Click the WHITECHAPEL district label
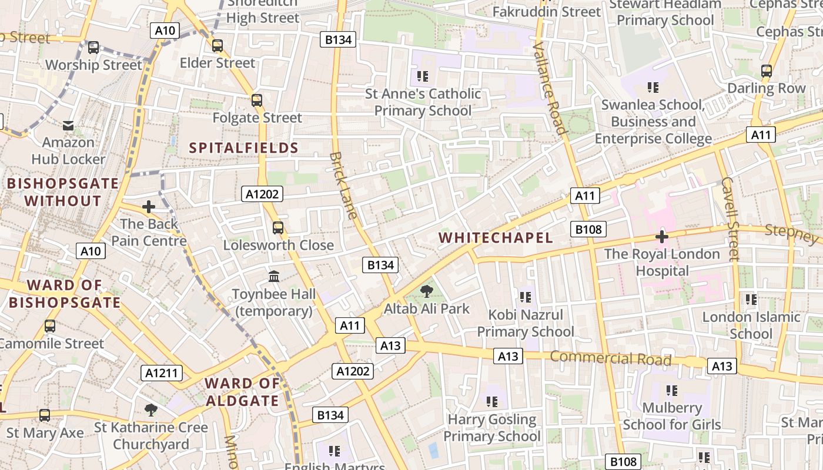tap(496, 237)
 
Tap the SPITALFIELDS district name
tap(243, 147)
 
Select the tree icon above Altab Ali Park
tap(427, 290)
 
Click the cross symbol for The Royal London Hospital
tap(662, 237)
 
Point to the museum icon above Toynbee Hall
tap(274, 276)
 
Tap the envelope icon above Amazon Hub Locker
tap(68, 125)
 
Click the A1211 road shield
tap(162, 373)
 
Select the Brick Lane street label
tap(344, 185)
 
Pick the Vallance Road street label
tap(550, 88)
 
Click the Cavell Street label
tap(730, 219)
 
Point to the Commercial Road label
tap(610, 358)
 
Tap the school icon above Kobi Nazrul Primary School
tap(525, 297)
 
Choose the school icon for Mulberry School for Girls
tap(672, 390)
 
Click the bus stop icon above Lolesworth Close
tap(278, 227)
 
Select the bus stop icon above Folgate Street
tap(257, 100)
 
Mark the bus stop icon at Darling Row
tap(766, 71)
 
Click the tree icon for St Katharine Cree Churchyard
tap(151, 409)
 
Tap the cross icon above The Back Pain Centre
tap(149, 207)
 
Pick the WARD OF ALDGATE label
tap(242, 392)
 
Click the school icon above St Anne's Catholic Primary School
tap(422, 76)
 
